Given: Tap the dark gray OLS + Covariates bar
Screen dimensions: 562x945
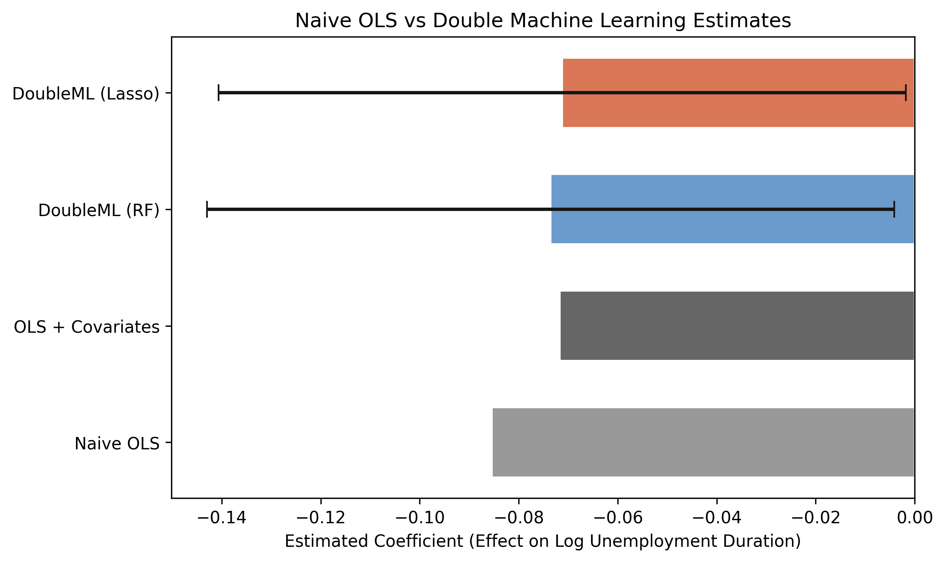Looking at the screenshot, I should point(737,326).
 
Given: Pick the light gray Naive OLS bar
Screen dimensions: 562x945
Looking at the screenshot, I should point(703,442).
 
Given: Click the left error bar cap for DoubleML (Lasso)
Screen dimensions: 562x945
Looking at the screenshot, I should point(219,93).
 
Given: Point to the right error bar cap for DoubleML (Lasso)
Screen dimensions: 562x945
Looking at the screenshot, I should point(906,93).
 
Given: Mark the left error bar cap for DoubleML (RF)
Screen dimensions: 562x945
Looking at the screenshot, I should point(207,209).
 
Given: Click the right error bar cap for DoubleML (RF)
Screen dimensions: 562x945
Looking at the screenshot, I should point(894,209).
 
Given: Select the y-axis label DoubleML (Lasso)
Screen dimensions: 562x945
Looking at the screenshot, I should point(86,94).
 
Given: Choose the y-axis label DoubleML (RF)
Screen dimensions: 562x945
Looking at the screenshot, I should point(99,211).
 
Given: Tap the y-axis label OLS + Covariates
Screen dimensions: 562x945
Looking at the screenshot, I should point(87,327).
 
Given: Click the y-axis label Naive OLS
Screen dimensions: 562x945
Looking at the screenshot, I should point(117,444).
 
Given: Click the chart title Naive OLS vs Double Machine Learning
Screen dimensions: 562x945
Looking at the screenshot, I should point(543,21).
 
